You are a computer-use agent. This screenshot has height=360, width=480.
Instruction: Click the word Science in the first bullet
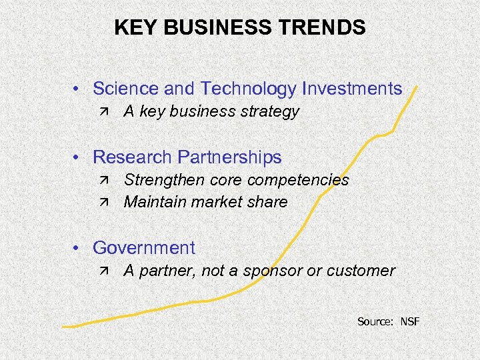[124, 89]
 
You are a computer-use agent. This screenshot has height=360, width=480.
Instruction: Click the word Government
[144, 248]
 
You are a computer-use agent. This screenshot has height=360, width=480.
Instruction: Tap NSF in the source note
[410, 322]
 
